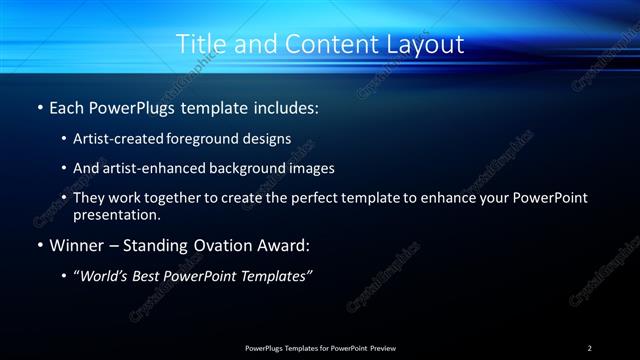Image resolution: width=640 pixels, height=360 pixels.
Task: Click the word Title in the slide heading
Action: point(200,44)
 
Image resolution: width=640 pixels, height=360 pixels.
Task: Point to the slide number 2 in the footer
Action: point(590,347)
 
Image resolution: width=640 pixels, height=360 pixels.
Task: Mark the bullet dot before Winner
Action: point(39,245)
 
